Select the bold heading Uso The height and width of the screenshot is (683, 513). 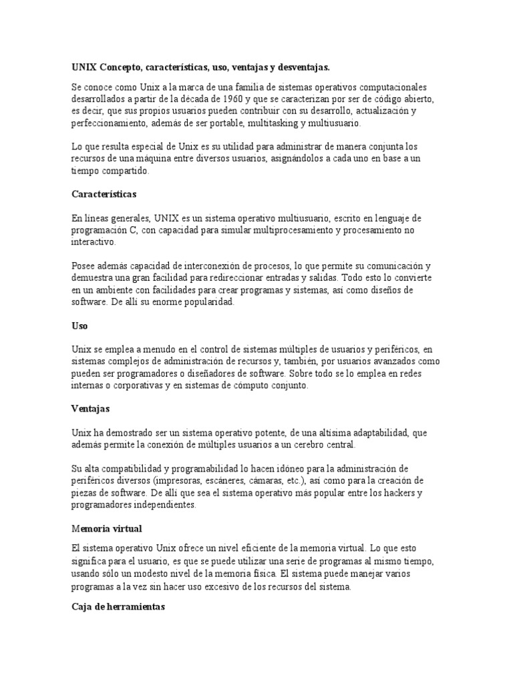79,326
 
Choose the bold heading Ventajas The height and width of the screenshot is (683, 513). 90,408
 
